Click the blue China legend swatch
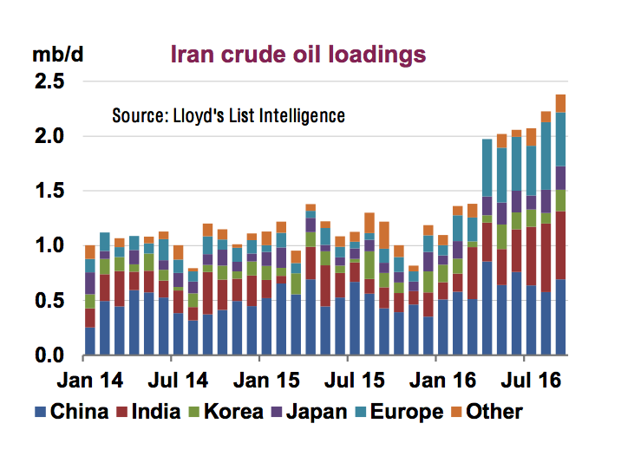click(42, 411)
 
